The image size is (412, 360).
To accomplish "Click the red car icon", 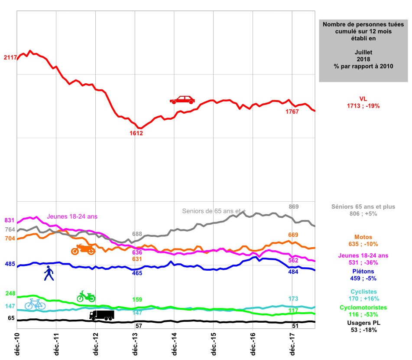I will pos(182,100).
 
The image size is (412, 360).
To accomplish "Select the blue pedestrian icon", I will pos(49,274).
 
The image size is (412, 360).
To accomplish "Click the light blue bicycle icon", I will pos(35,304).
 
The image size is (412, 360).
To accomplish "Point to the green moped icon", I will pos(86,297).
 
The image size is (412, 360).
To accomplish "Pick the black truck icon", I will pos(102,315).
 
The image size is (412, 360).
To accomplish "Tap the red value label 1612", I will pos(136,133).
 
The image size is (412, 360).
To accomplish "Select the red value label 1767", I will pos(292,112).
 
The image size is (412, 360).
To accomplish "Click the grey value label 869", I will pos(294,206).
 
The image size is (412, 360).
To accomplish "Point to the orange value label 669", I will pos(293,235).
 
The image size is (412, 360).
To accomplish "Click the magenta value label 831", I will pos(10,220).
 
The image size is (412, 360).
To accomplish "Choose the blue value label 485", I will pos(10,264).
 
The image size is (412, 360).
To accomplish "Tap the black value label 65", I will pos(11,318).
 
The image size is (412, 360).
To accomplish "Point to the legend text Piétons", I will pos(363,271).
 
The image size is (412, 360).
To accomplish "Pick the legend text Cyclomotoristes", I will pos(363,307).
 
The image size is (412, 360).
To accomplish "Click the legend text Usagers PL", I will pos(363,323).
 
